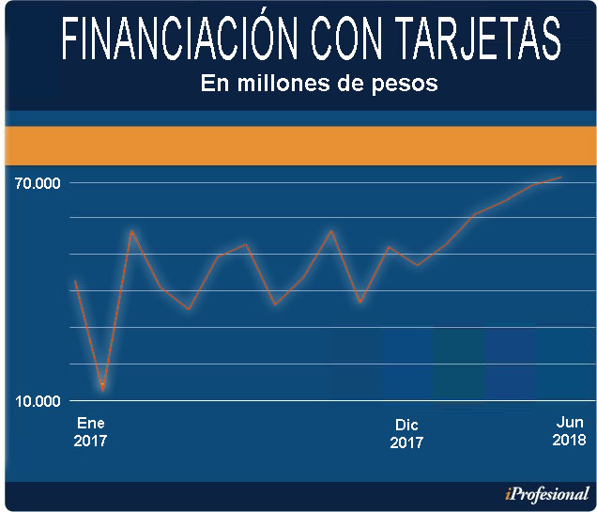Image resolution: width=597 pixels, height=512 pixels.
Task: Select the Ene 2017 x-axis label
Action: [x=91, y=431]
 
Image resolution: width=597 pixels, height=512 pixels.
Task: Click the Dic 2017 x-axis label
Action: [x=406, y=433]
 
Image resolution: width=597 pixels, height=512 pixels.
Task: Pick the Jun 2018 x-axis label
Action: [x=568, y=431]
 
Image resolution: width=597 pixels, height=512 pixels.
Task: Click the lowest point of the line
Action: [x=102, y=386]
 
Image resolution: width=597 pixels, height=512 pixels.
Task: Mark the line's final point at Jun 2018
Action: [x=561, y=177]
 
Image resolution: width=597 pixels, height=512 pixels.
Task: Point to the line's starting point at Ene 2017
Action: [x=75, y=281]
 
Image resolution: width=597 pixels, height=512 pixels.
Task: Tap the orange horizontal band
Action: [x=298, y=146]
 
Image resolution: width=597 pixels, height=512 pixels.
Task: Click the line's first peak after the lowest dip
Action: [x=131, y=231]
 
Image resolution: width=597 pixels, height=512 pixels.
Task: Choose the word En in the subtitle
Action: [x=214, y=83]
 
